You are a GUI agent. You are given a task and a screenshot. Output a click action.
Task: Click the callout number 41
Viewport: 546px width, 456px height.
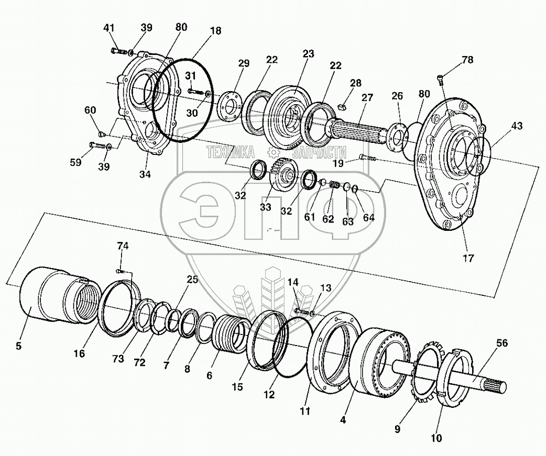click(x=108, y=28)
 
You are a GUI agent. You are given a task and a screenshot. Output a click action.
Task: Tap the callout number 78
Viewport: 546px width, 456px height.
click(x=467, y=60)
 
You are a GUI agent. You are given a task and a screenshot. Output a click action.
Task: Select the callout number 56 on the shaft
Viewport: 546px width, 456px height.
click(x=502, y=343)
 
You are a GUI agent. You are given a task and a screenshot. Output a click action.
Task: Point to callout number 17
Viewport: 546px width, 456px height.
click(x=468, y=258)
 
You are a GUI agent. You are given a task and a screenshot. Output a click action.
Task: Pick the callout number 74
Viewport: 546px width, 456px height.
click(x=122, y=246)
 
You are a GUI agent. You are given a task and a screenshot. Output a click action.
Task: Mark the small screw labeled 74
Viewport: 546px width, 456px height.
click(x=120, y=271)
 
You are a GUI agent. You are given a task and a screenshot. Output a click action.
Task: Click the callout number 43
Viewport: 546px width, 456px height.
click(x=517, y=126)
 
